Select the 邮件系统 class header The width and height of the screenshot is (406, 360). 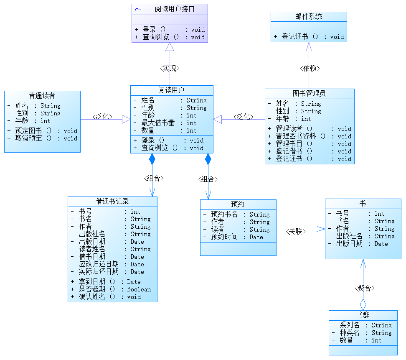click(309, 17)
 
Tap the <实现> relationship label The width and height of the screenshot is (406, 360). click(169, 69)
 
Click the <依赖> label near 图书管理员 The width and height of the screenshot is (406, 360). click(310, 68)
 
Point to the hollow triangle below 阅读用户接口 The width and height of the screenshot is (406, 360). click(170, 47)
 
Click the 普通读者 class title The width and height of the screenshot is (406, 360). click(42, 96)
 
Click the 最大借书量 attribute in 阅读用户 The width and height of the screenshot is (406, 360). click(158, 123)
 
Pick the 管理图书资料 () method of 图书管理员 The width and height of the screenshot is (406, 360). click(300, 136)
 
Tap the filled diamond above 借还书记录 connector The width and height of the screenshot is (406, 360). click(152, 159)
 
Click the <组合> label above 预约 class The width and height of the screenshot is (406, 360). click(208, 179)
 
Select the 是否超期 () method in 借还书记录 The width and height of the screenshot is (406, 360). click(97, 289)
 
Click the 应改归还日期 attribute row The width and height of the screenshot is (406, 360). click(99, 264)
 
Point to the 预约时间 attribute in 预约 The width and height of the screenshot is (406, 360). click(224, 237)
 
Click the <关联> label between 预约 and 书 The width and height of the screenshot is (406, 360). click(296, 231)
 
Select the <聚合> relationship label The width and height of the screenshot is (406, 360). click(364, 288)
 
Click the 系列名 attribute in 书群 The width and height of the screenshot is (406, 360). click(350, 325)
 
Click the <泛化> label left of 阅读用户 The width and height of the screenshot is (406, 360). click(102, 117)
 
